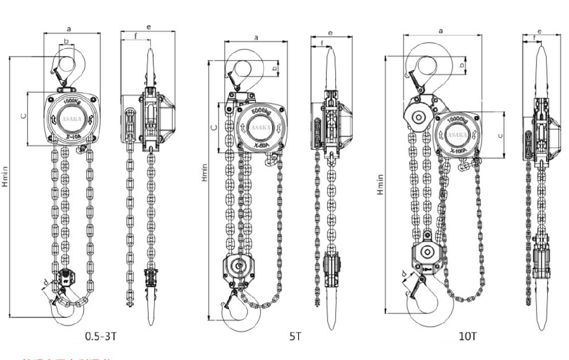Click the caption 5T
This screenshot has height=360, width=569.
295,336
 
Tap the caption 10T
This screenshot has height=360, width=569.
468,336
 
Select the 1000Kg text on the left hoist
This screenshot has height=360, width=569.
71,101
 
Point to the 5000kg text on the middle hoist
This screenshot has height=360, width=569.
260,112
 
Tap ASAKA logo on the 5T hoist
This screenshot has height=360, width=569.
260,127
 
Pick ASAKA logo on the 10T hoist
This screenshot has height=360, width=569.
457,135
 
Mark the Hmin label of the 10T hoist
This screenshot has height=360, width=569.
380,183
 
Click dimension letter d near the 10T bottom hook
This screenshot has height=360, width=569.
405,275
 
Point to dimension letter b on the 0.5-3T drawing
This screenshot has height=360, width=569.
66,40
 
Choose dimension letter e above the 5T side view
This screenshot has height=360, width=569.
330,33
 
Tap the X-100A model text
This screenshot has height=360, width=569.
457,151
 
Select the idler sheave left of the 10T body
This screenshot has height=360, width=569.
418,117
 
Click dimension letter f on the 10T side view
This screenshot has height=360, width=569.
534,37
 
